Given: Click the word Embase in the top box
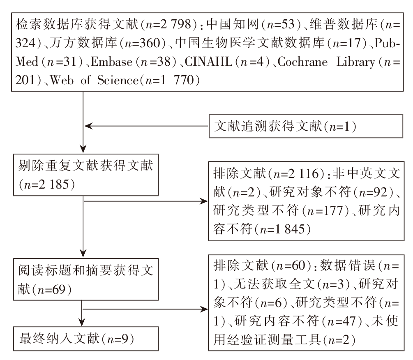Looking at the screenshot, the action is coord(111,62).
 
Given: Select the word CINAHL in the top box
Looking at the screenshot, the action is coord(208,62).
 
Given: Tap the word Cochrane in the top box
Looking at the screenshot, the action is coord(302,62).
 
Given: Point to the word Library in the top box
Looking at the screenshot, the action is coord(355,62).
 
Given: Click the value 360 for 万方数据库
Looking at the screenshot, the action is coord(150,43).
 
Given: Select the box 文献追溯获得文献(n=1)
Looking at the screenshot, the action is coord(306,126).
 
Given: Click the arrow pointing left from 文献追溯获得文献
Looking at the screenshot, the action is coord(146,126).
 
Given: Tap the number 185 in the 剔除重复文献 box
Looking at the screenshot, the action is coord(60,185).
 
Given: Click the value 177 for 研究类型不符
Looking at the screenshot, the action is coord(333,211).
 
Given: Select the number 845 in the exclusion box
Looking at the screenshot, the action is coord(295,229).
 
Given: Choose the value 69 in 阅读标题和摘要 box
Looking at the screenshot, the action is coord(59,290).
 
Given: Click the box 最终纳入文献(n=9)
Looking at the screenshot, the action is coord(86,339).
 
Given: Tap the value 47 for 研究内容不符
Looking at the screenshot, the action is coord(349,321).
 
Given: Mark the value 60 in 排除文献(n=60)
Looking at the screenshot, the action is coord(298,265).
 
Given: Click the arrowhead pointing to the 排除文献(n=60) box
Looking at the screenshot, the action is coord(204,309).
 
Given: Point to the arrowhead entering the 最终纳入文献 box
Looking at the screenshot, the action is coord(82,323).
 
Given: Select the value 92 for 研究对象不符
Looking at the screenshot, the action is coord(381,192).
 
